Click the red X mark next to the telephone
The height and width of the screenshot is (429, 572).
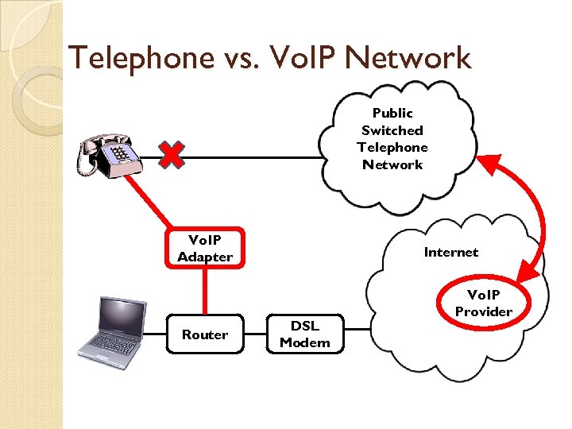pos(171,155)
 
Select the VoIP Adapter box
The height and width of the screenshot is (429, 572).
pos(205,248)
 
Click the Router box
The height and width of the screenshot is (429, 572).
pos(205,334)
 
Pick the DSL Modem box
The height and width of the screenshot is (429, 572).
pos(305,334)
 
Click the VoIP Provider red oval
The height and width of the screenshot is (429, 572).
pos(483,303)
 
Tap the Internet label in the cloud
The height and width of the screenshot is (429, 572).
pos(450,252)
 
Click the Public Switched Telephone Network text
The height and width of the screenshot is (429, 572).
pos(392,139)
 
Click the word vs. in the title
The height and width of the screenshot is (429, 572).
pos(242,57)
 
